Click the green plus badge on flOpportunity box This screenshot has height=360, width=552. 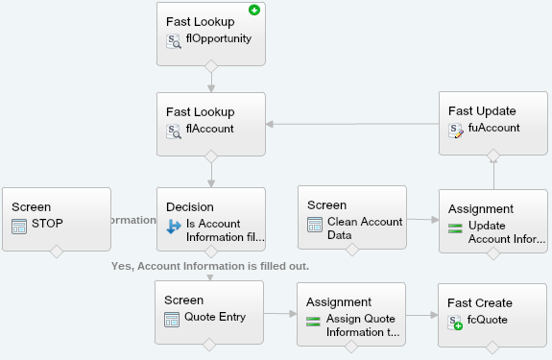pyautogui.click(x=254, y=11)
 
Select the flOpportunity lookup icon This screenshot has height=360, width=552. pyautogui.click(x=174, y=40)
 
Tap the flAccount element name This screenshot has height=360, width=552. pyautogui.click(x=209, y=129)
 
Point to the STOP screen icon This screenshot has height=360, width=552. pyautogui.click(x=19, y=226)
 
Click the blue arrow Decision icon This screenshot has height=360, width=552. pyautogui.click(x=174, y=227)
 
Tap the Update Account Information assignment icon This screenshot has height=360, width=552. pyautogui.click(x=456, y=227)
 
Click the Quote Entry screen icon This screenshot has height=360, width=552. pyautogui.click(x=173, y=319)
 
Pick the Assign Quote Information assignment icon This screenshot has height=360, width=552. pyautogui.click(x=314, y=320)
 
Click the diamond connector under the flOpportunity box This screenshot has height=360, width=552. pyautogui.click(x=210, y=65)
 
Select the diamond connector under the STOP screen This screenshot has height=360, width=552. pyautogui.click(x=56, y=252)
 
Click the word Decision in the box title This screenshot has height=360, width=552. pyautogui.click(x=190, y=206)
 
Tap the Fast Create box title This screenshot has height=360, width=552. pyautogui.click(x=479, y=302)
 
